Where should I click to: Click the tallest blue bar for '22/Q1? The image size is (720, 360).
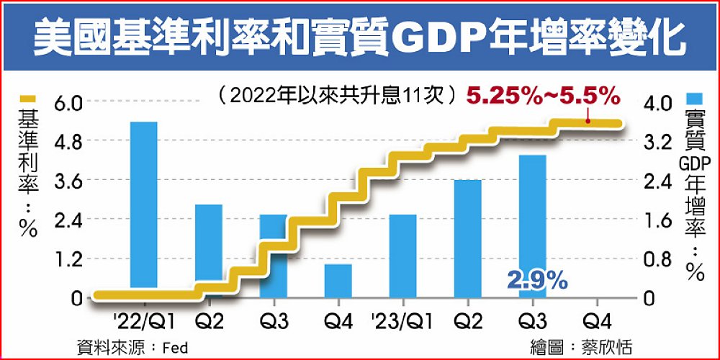point(143,205)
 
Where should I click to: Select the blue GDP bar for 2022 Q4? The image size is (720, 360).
point(338,279)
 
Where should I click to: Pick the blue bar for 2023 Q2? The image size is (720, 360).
point(467,238)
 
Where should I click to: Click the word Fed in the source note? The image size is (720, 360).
point(175,347)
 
